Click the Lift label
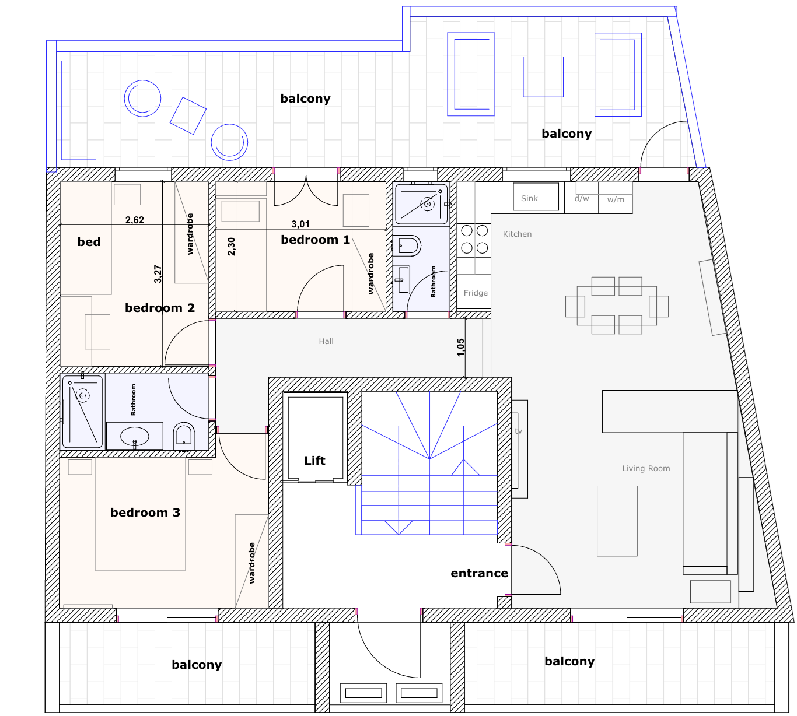[x=314, y=460]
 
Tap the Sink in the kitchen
[x=536, y=196]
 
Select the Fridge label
[x=476, y=293]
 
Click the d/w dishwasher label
[x=581, y=198]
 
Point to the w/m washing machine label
[x=616, y=199]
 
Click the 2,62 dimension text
[x=134, y=220]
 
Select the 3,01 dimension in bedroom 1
[x=300, y=224]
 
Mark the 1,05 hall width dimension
[x=460, y=348]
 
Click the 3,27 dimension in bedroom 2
[x=158, y=274]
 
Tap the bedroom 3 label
[x=145, y=513]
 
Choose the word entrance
[x=479, y=573]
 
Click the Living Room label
[x=646, y=468]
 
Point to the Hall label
[x=326, y=341]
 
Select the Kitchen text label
[x=517, y=234]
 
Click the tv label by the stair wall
[x=519, y=431]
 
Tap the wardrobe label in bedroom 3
[x=251, y=563]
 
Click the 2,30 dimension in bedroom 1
[x=231, y=246]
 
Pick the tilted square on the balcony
[x=188, y=115]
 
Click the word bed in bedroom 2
[x=89, y=241]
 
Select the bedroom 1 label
[x=316, y=240]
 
